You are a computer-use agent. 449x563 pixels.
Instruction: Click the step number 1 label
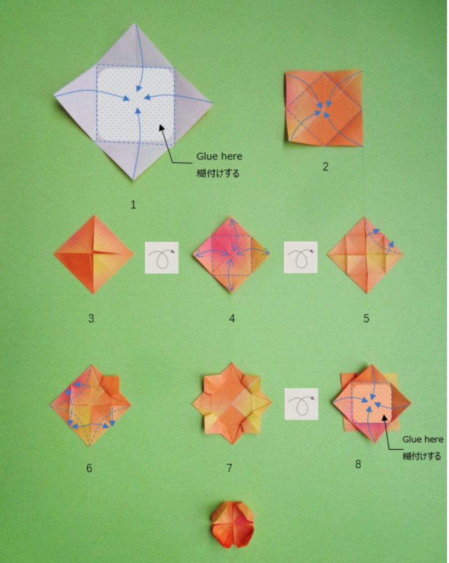coord(133,205)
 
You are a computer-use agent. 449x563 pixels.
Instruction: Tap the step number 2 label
coord(325,167)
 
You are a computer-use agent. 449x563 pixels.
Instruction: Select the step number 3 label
coord(91,318)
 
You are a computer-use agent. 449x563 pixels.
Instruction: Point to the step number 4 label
coord(232,318)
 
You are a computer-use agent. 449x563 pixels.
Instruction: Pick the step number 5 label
coord(366,318)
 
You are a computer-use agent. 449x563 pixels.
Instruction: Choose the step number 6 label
coord(89,468)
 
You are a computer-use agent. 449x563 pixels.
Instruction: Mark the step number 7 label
coord(229,468)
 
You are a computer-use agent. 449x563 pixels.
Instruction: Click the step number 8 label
coord(358,464)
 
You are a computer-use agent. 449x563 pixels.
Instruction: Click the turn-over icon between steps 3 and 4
coord(161,257)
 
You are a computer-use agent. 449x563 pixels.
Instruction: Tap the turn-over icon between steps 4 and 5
coord(301,257)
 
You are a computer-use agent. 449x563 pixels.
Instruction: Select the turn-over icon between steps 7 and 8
coord(301,404)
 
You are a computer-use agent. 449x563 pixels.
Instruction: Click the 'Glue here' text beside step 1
coord(220,157)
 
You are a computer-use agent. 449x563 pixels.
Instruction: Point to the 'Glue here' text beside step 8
coord(423,439)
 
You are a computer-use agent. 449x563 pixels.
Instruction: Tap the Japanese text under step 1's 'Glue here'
coord(218,173)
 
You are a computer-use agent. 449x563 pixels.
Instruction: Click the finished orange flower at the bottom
coord(232,525)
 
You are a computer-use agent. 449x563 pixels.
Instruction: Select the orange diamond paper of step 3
coord(93,254)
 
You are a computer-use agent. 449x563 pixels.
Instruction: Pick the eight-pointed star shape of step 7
coord(232,404)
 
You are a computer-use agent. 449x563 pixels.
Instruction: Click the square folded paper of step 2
coord(324,108)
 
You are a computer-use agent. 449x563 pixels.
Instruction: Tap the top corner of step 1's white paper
coord(135,24)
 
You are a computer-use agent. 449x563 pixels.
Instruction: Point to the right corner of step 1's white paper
coord(213,103)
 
